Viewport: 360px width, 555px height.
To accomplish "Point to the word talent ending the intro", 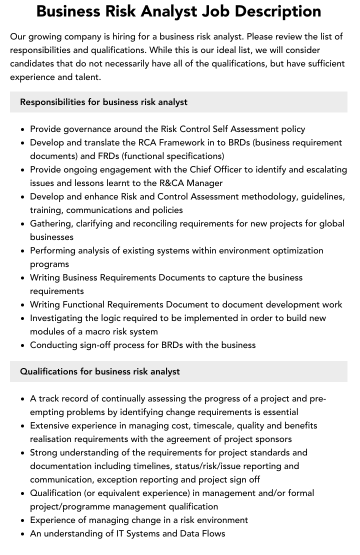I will click(87, 77).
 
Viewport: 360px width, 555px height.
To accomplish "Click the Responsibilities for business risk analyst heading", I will click(103, 102).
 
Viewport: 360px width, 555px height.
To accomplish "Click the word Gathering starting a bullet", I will click(50, 223).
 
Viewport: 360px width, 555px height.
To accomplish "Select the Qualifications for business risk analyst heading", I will click(99, 371).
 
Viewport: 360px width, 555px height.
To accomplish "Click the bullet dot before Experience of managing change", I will click(23, 520).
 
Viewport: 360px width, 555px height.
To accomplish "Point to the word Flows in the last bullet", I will click(212, 533).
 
